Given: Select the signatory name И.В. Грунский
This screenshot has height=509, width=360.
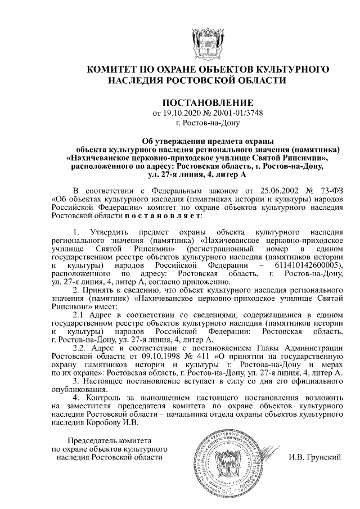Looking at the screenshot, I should [316, 457].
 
